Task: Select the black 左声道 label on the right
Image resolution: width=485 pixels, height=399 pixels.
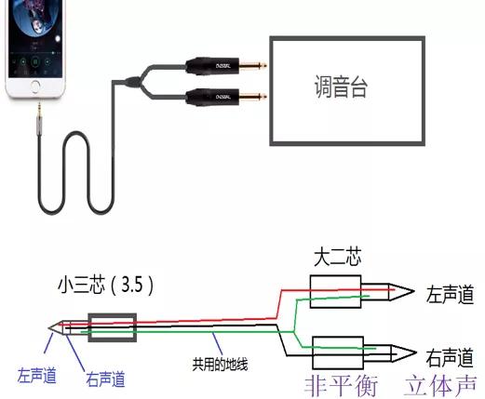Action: point(450,295)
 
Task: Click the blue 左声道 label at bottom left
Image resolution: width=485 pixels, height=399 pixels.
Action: point(37,376)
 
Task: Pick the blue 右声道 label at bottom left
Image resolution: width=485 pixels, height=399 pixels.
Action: point(105,379)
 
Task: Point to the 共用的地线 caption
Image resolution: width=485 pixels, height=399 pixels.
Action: point(221,363)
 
